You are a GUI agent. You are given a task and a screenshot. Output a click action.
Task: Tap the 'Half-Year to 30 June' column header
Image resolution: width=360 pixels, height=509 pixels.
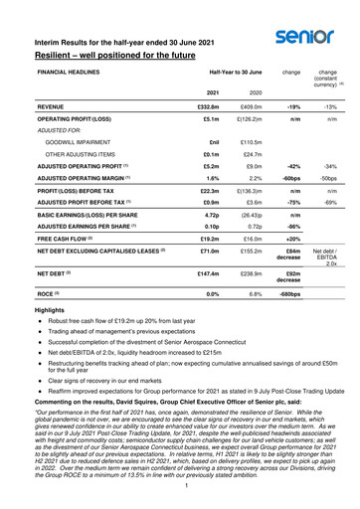point(219,75)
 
